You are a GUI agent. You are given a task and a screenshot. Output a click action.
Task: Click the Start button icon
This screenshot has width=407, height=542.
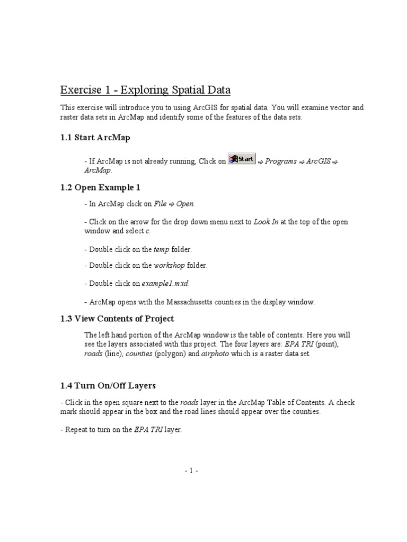click(x=242, y=159)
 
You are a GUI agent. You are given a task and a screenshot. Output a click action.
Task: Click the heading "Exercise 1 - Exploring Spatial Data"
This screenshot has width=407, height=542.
click(x=145, y=89)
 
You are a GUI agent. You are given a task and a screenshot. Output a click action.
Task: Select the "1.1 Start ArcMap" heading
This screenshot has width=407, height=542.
click(x=95, y=138)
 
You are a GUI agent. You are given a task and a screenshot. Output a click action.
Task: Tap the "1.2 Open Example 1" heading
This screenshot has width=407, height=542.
click(x=100, y=187)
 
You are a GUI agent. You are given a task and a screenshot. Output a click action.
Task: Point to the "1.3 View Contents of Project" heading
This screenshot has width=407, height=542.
click(x=117, y=319)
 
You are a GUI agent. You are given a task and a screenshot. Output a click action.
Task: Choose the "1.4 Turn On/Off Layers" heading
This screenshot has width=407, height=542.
click(x=108, y=385)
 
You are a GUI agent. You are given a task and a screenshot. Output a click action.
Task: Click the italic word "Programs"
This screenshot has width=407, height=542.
click(x=280, y=161)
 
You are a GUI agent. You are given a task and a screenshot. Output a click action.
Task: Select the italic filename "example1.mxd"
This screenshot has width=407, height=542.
click(x=165, y=283)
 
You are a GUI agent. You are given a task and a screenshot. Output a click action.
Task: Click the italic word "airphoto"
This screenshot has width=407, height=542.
click(x=215, y=354)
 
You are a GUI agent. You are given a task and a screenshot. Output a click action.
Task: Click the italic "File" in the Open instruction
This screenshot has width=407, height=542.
click(x=160, y=203)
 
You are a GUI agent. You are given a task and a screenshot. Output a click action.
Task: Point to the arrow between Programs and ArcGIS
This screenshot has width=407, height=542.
click(x=302, y=161)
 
